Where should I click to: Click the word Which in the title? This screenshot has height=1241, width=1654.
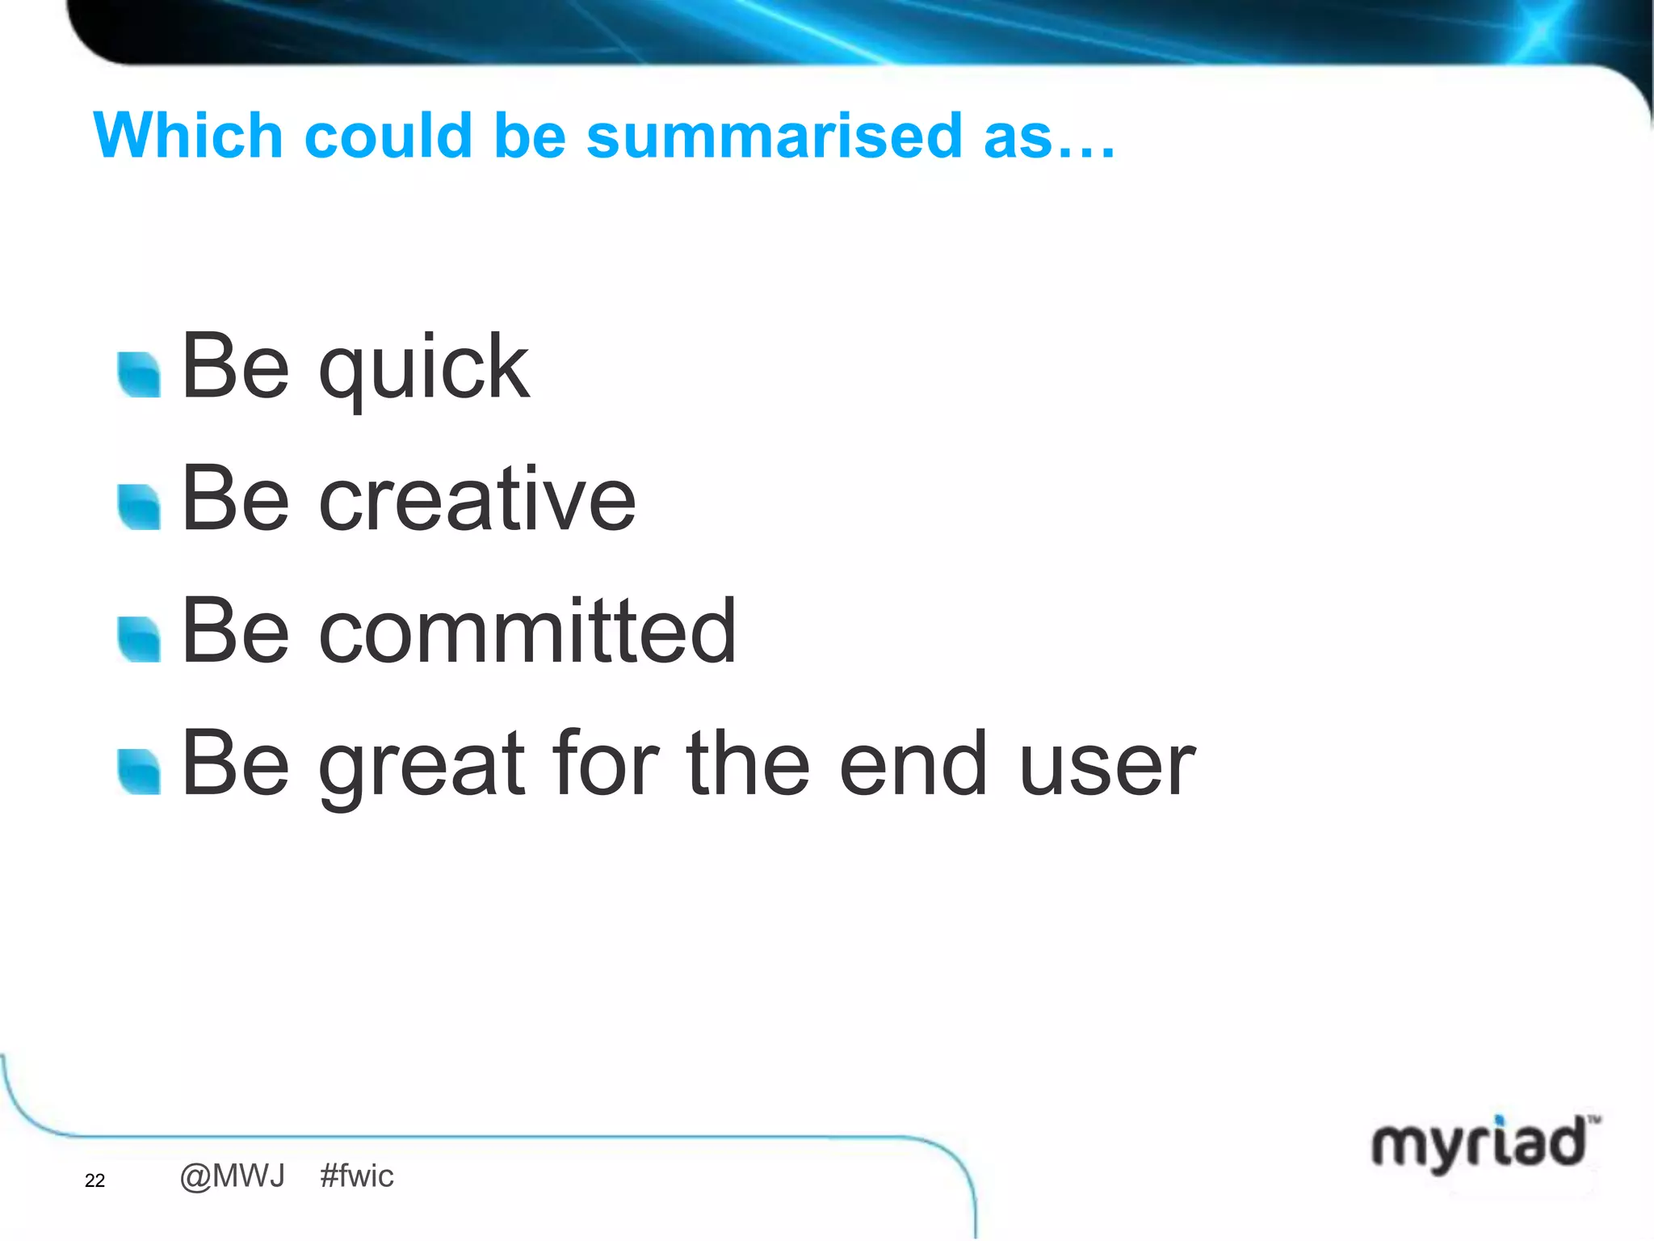tap(187, 136)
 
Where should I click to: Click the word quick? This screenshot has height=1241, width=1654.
tap(424, 368)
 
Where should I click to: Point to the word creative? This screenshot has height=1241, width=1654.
tap(477, 500)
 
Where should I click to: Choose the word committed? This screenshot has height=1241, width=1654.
tap(527, 632)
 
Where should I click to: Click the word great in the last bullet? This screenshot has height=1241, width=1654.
tap(422, 764)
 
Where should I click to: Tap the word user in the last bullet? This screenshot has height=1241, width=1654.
tap(1106, 764)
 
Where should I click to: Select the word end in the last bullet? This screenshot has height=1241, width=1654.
tap(913, 764)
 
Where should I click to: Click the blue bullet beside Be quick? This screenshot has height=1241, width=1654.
tap(139, 376)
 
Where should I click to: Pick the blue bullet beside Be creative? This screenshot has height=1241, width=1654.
tap(139, 507)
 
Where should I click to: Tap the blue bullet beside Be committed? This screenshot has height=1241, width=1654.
tap(139, 639)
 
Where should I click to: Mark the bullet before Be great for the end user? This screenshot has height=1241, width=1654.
tap(139, 772)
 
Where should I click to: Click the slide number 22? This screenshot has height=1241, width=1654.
tap(94, 1180)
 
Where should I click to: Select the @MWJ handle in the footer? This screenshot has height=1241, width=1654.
tap(233, 1176)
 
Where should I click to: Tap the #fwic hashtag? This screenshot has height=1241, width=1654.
tap(356, 1176)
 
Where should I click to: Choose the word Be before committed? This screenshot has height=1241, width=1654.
tap(235, 632)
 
